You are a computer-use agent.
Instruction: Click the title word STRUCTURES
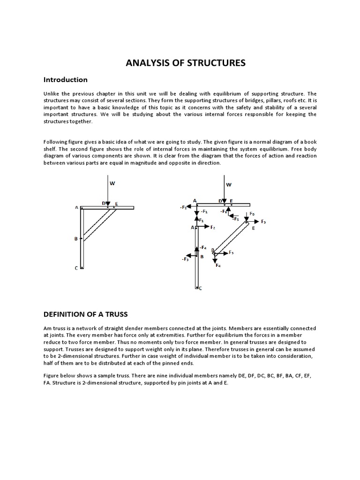click(x=217, y=63)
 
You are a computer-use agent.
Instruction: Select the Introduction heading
click(x=65, y=80)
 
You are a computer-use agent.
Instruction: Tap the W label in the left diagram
click(x=112, y=183)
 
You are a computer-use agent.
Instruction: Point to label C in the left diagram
click(x=76, y=268)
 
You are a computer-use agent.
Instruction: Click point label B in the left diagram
click(x=76, y=239)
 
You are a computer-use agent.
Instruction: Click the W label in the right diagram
click(x=229, y=185)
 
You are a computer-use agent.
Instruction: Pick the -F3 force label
click(x=185, y=258)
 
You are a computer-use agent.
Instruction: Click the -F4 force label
click(x=202, y=247)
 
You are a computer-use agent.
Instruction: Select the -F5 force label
click(x=235, y=219)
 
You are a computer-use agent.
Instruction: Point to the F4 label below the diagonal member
click(x=218, y=266)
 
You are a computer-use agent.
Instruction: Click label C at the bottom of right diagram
click(x=201, y=288)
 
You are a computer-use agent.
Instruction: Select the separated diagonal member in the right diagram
click(x=230, y=238)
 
